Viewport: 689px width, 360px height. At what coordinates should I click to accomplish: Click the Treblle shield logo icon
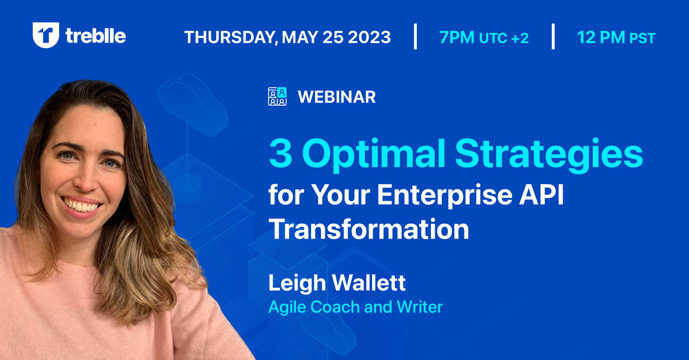[x=46, y=35]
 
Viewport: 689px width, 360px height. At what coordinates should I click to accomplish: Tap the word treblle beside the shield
[x=96, y=36]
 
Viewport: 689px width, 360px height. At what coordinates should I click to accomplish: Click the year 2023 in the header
[x=369, y=37]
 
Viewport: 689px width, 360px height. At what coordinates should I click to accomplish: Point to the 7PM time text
[x=457, y=38]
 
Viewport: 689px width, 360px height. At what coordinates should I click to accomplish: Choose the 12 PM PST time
[x=616, y=38]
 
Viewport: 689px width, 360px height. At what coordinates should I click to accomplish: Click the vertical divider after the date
[x=415, y=37]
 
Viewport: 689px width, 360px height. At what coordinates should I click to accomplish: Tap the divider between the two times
[x=553, y=37]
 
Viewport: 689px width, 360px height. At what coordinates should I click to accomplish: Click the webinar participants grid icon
[x=277, y=96]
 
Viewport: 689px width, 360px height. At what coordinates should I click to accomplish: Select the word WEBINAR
[x=337, y=97]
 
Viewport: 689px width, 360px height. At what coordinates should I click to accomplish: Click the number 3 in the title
[x=280, y=153]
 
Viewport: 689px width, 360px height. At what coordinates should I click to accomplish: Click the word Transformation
[x=369, y=229]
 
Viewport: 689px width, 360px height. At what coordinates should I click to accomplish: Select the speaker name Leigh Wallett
[x=337, y=283]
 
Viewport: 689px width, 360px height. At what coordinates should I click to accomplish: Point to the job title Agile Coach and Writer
[x=355, y=307]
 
